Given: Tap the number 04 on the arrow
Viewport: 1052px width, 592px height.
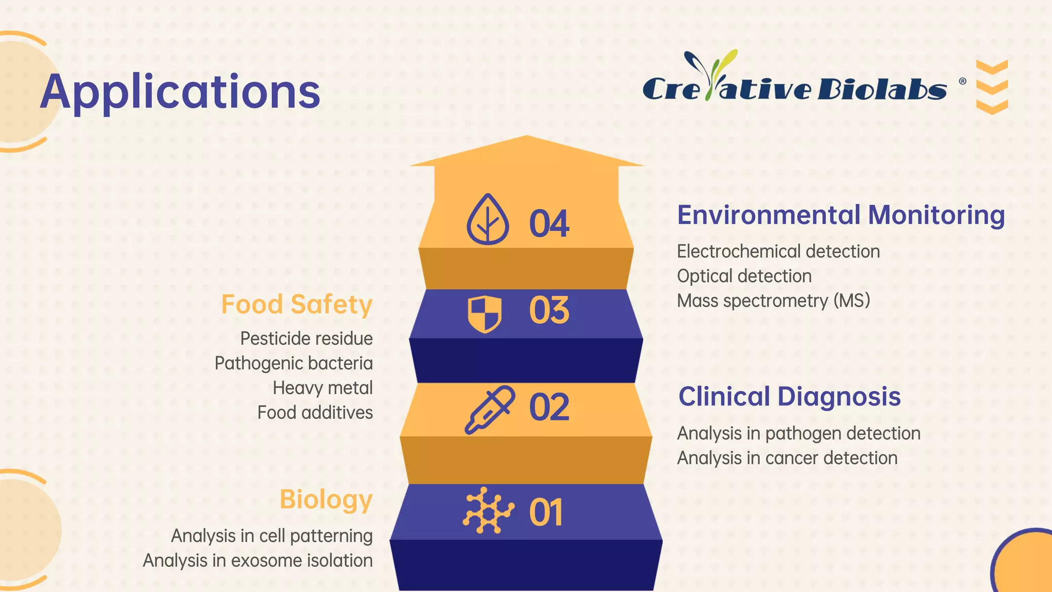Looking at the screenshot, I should click(549, 224).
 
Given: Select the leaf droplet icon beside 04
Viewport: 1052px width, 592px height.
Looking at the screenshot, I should click(487, 219).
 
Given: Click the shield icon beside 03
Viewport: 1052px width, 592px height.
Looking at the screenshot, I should click(484, 313).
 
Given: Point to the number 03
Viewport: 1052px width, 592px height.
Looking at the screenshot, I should click(549, 310).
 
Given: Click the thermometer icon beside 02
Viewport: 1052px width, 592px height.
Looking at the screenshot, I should click(489, 410).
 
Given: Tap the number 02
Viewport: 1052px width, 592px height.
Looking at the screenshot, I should click(549, 408).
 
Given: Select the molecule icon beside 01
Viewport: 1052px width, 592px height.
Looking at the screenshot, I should click(488, 510).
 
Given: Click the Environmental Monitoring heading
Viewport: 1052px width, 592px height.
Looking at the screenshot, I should click(840, 215).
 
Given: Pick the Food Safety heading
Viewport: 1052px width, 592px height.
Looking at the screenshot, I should click(296, 304).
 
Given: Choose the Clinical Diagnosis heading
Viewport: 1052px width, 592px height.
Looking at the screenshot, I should click(789, 397).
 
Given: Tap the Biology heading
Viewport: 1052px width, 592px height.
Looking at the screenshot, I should click(326, 499).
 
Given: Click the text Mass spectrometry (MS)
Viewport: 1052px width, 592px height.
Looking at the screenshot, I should click(773, 301).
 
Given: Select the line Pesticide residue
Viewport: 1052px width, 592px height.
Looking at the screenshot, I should click(306, 339).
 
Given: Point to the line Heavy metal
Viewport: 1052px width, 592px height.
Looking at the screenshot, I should click(323, 388).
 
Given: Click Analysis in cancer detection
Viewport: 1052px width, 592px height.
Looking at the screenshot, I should click(787, 458).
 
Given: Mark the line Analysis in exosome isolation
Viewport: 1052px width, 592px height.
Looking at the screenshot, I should click(257, 561).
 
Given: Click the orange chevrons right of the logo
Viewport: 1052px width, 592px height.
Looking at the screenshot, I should click(991, 87).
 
